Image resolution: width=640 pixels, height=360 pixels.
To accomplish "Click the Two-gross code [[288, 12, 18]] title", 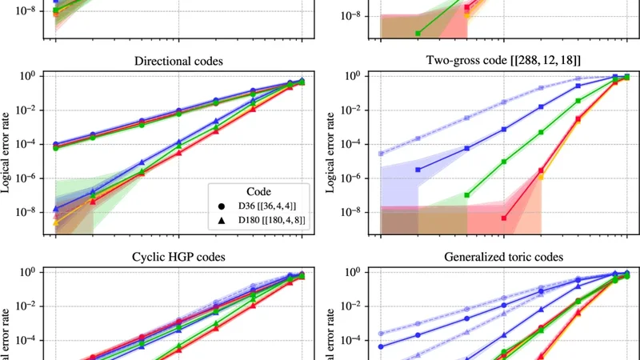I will pyautogui.click(x=505, y=61).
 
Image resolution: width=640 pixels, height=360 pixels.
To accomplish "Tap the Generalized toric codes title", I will pyautogui.click(x=505, y=257).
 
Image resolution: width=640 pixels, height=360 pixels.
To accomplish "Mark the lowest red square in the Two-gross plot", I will pyautogui.click(x=504, y=218).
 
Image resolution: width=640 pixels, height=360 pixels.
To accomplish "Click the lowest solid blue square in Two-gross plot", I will pyautogui.click(x=418, y=170).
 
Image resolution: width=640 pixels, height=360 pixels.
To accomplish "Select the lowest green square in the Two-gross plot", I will pyautogui.click(x=467, y=195).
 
